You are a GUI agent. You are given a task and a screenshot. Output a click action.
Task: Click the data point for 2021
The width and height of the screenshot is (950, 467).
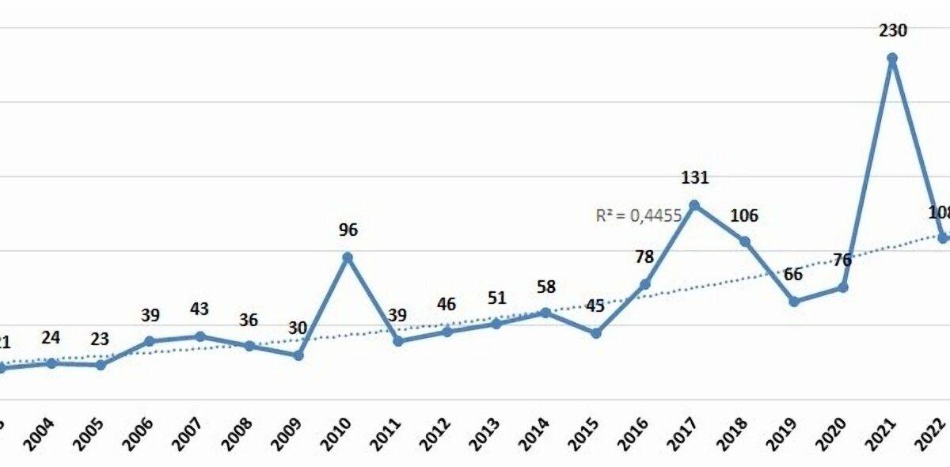(x=892, y=58)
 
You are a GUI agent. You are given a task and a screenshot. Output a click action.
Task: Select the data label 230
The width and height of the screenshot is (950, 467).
(x=892, y=31)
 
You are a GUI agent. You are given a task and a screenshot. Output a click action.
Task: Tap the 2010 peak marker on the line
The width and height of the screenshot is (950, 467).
(x=348, y=257)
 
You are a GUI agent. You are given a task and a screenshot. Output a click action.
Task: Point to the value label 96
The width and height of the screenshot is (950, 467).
(x=348, y=230)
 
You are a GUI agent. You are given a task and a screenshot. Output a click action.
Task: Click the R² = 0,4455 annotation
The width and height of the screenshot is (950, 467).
(x=639, y=214)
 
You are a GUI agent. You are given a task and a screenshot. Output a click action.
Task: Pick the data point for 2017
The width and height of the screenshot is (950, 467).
(x=694, y=205)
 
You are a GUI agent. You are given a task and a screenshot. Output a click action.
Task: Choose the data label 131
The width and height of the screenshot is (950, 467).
(x=694, y=177)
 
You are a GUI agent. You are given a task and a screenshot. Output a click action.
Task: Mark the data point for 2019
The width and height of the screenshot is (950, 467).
(x=794, y=301)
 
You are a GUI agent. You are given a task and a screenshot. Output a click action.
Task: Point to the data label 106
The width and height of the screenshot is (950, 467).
(x=744, y=215)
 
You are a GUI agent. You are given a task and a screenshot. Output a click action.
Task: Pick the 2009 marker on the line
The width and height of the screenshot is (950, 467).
(x=298, y=355)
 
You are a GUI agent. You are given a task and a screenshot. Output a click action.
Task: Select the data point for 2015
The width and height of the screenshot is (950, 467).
(x=595, y=333)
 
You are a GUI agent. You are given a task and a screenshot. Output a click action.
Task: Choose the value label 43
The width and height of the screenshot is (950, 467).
(x=199, y=309)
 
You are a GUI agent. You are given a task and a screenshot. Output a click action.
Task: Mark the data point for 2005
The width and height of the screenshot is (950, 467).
(x=101, y=365)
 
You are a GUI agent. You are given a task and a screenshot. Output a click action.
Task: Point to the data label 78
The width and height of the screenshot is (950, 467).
(x=645, y=257)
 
